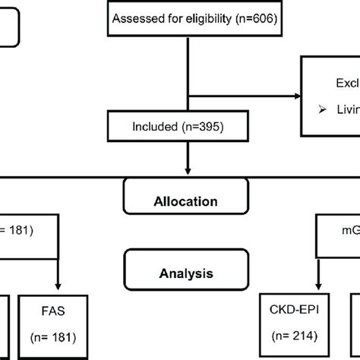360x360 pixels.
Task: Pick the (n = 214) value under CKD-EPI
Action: click(x=294, y=335)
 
